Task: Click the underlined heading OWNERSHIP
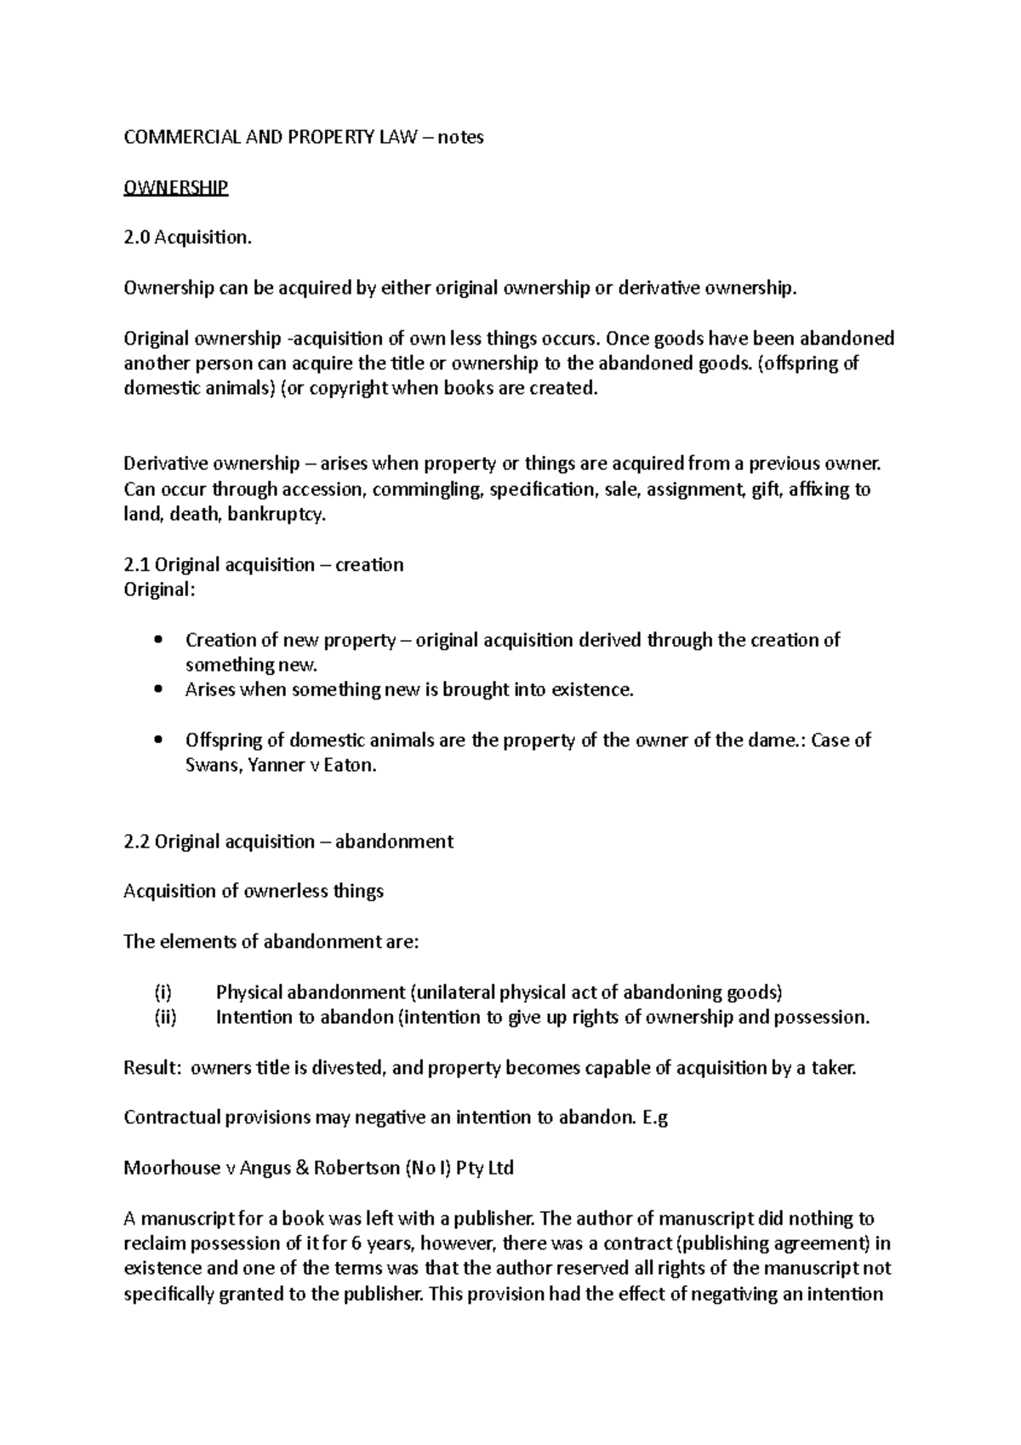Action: coord(175,187)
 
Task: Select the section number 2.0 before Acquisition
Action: coord(137,237)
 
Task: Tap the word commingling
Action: coord(425,489)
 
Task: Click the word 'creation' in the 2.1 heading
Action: coord(369,565)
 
